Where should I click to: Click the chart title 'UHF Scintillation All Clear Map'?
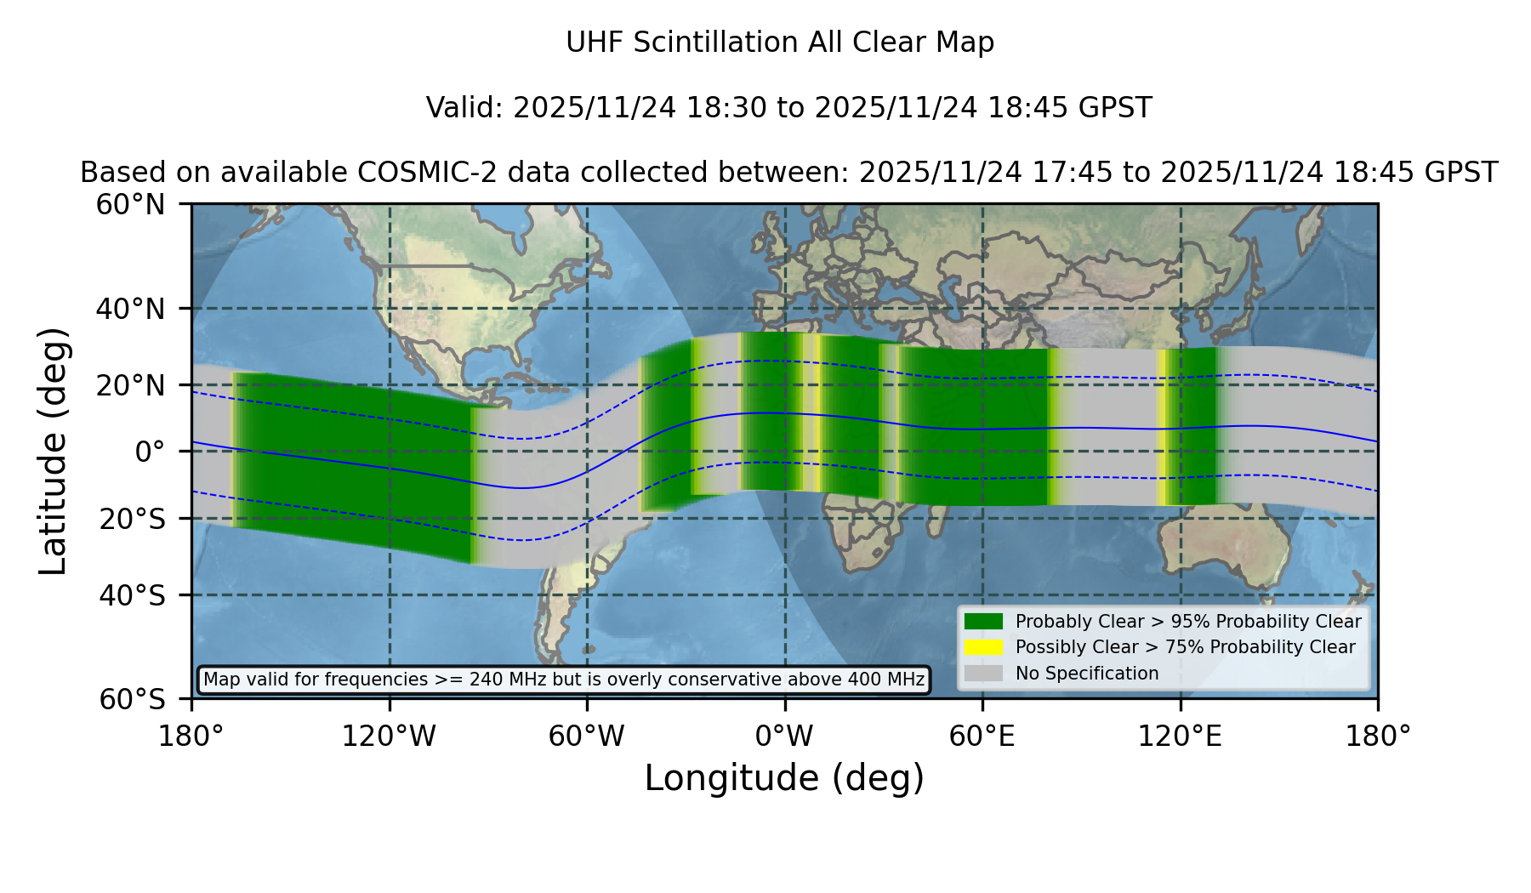(x=780, y=43)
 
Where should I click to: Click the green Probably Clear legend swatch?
(x=984, y=622)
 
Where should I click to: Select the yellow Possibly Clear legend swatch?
(x=984, y=647)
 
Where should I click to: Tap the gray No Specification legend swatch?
(x=984, y=674)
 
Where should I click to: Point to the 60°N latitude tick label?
(x=130, y=204)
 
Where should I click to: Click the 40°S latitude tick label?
(x=132, y=595)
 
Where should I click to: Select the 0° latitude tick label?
(x=151, y=452)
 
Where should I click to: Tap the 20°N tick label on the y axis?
(x=130, y=385)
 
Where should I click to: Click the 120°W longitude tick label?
(x=389, y=736)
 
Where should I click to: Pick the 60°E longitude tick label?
(x=982, y=736)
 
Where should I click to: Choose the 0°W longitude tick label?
(x=785, y=736)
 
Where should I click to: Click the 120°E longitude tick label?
(x=1180, y=736)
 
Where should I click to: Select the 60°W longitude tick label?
(x=587, y=736)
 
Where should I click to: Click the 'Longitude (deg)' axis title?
(x=784, y=778)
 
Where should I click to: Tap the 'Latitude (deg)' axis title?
(x=53, y=451)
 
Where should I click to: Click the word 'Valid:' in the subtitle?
(x=465, y=108)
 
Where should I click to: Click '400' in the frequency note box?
(x=863, y=680)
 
